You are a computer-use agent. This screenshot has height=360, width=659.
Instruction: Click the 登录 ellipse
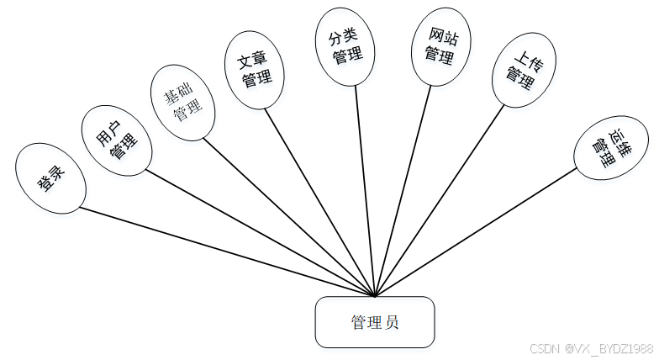coord(50,177)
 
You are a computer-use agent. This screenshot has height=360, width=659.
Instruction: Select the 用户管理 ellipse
coord(116,140)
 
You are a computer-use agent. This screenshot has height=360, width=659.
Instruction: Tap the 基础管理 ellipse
coord(182,102)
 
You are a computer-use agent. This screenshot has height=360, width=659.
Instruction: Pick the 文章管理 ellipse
coord(255,71)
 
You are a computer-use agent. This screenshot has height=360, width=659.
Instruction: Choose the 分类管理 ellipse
coord(346,47)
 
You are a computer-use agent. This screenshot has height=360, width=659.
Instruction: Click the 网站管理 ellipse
coord(439,47)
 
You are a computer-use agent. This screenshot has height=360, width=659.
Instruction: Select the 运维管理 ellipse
coord(611,144)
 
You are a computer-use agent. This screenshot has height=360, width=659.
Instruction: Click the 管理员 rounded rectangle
coord(375,321)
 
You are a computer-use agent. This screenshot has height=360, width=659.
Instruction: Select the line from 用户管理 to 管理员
coord(261,234)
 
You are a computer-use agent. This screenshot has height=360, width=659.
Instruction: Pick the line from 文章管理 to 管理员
coord(321,202)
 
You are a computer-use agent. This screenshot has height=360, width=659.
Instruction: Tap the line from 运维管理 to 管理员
coord(476,232)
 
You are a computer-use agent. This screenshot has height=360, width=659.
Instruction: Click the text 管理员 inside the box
coord(375,321)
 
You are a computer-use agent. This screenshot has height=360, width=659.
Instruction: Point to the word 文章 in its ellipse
coord(253,61)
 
